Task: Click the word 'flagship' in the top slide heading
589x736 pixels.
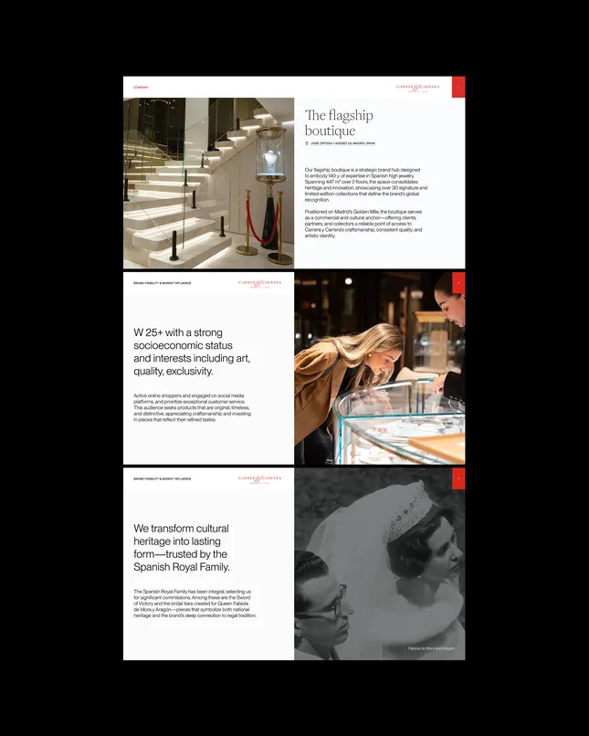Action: (x=348, y=115)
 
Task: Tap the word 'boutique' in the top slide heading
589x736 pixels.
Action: (x=330, y=131)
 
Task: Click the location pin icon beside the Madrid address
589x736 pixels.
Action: (x=307, y=143)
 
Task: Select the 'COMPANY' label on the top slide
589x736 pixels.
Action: (x=141, y=88)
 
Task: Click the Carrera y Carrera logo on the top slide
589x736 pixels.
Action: (x=417, y=88)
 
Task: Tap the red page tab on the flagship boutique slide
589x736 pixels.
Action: (x=458, y=86)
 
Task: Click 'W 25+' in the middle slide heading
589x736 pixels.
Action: (x=152, y=333)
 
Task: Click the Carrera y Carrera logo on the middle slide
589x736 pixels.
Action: (x=259, y=284)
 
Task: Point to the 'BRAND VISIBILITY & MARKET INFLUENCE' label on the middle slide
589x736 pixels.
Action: (x=163, y=284)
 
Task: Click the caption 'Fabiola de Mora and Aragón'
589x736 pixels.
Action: (x=430, y=648)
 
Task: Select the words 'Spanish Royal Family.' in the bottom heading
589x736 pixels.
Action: (x=182, y=567)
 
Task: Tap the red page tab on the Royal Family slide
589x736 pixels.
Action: (x=458, y=478)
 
